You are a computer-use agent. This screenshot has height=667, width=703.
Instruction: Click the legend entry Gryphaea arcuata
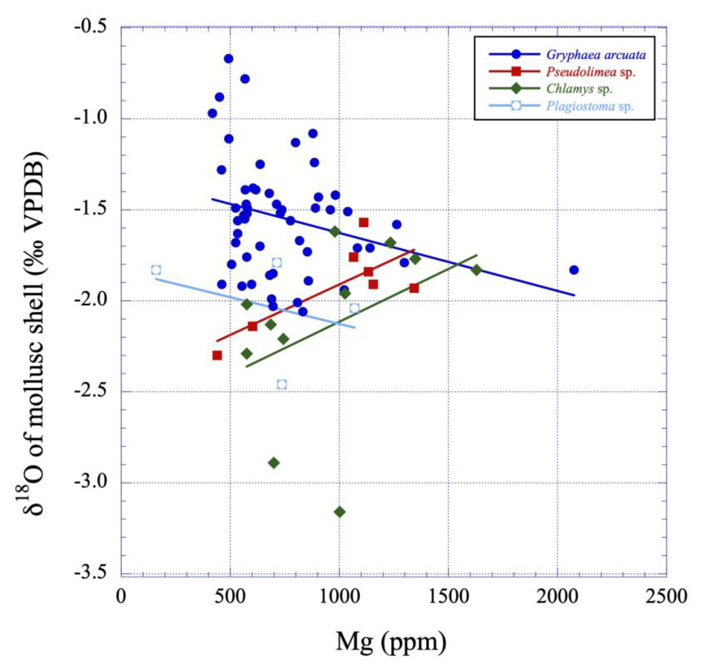click(596, 54)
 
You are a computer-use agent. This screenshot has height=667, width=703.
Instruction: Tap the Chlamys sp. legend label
click(579, 88)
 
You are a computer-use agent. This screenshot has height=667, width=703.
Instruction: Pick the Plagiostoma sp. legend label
click(590, 106)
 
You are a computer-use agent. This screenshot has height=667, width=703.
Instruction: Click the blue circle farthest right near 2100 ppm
click(574, 270)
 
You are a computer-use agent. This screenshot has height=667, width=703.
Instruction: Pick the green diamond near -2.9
click(273, 463)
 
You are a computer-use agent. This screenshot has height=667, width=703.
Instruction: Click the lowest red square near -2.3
click(217, 355)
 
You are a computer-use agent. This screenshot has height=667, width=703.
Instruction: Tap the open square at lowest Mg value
click(156, 270)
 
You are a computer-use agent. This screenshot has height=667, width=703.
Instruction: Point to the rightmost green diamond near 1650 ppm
click(476, 270)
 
